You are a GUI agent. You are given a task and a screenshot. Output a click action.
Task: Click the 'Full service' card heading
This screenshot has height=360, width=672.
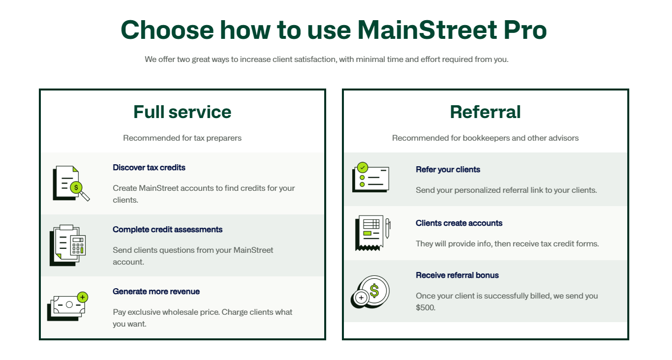coord(183,112)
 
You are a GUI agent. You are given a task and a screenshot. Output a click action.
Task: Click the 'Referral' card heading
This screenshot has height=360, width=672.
coord(485,112)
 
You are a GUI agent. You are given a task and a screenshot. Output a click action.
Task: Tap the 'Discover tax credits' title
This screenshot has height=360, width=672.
coord(149,167)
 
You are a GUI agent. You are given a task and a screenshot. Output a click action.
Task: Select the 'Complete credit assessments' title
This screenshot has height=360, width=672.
coord(167,230)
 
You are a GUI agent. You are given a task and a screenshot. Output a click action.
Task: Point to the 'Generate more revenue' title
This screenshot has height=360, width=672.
coord(156,291)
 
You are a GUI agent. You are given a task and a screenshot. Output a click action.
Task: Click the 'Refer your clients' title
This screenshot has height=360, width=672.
coord(448,170)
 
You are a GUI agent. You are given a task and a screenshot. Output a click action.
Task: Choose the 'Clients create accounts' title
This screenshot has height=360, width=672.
coord(458,223)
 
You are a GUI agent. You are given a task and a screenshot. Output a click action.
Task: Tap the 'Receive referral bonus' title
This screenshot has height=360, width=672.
coord(457,275)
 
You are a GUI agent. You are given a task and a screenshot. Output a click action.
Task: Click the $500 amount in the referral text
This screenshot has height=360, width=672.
coord(425,307)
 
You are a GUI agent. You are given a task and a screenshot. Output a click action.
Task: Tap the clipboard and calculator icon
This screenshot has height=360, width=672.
coord(68,245)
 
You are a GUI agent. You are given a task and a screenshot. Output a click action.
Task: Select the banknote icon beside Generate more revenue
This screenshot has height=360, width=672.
coord(67,306)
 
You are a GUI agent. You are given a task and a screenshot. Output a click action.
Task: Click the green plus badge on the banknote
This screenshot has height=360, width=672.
coord(83,297)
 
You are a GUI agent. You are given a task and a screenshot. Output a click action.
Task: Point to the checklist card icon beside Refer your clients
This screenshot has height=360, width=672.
coord(371,178)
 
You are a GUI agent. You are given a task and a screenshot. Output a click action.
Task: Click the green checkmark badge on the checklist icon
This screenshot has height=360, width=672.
coord(363,168)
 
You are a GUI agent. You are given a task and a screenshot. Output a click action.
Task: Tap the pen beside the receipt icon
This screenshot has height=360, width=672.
coord(388,228)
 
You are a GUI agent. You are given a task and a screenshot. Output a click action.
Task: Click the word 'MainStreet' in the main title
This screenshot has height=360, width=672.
coord(427,30)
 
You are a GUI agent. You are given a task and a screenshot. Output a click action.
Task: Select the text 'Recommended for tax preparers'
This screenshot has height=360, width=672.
coord(182,138)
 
